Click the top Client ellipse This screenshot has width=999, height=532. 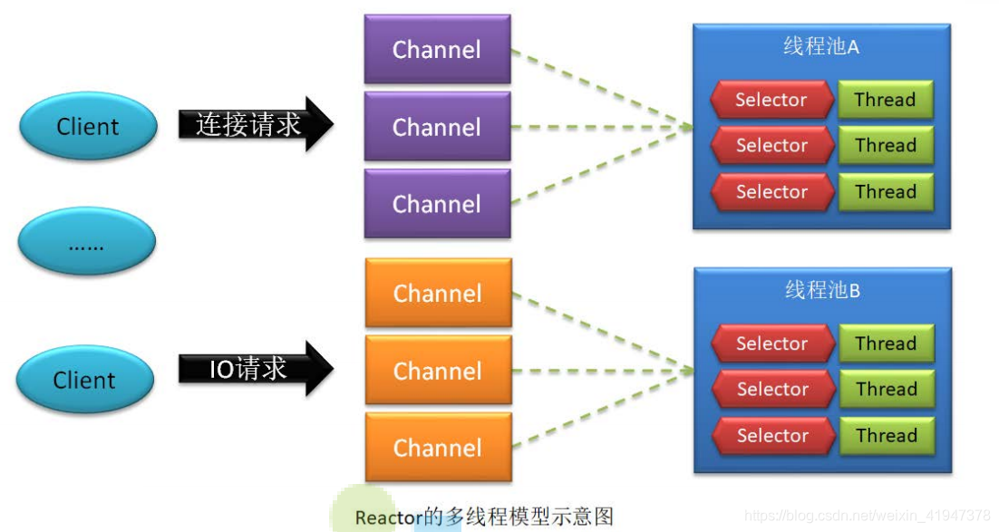pyautogui.click(x=87, y=127)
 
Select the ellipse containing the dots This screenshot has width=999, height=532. pyautogui.click(x=87, y=243)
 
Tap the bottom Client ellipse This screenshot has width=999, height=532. pyautogui.click(x=85, y=380)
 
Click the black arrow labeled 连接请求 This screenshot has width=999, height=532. pyautogui.click(x=255, y=124)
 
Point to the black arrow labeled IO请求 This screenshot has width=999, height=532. pyautogui.click(x=255, y=368)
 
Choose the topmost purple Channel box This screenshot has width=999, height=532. pyautogui.click(x=437, y=49)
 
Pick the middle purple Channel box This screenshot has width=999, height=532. pyautogui.click(x=437, y=126)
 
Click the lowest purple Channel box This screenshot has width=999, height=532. pyautogui.click(x=437, y=204)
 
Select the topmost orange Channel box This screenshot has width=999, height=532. pyautogui.click(x=438, y=293)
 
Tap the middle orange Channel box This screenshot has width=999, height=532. pyautogui.click(x=438, y=370)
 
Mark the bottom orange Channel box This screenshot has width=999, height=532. pyautogui.click(x=438, y=447)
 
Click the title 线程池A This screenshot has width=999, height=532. pyautogui.click(x=821, y=47)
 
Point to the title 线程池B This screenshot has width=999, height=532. pyautogui.click(x=822, y=291)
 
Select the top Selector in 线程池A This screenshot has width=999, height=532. pyautogui.click(x=771, y=100)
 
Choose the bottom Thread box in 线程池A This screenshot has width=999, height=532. pyautogui.click(x=885, y=191)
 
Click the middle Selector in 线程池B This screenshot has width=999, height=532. pyautogui.click(x=772, y=389)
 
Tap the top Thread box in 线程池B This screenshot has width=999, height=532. pyautogui.click(x=886, y=343)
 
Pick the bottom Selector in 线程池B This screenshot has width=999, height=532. pyautogui.click(x=772, y=435)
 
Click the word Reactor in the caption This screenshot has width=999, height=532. pyautogui.click(x=389, y=517)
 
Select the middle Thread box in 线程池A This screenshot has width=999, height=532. pyautogui.click(x=885, y=145)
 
